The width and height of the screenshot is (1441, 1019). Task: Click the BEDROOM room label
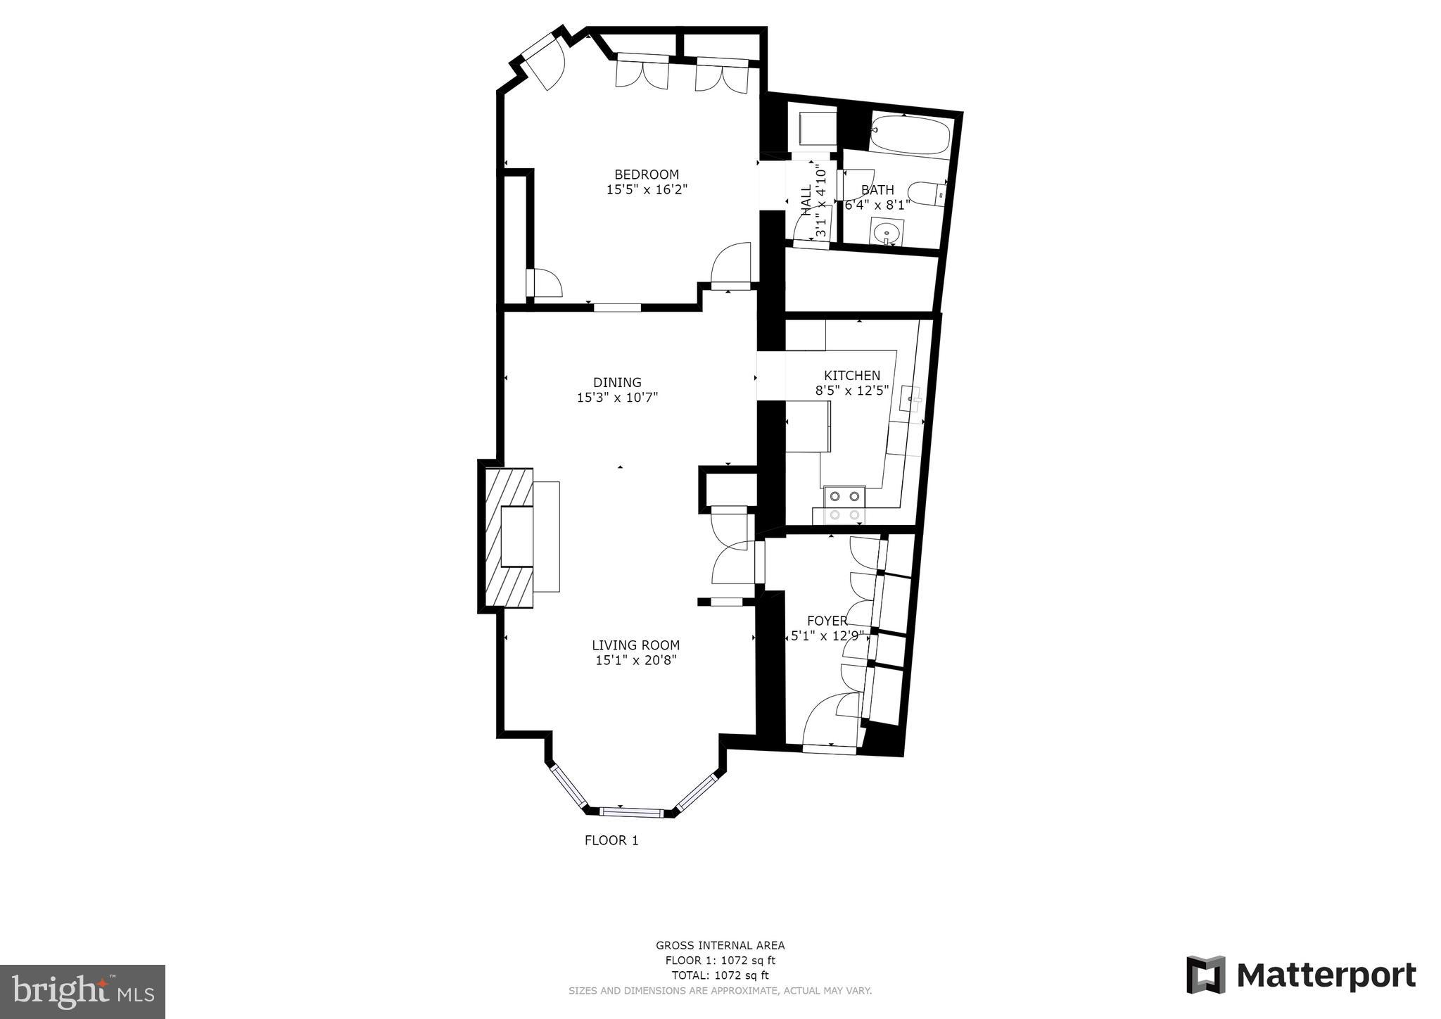tap(647, 175)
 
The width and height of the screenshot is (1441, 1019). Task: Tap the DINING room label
tap(617, 382)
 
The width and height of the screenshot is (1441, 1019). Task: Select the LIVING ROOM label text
tap(635, 645)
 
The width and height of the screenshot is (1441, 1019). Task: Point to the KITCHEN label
tap(852, 375)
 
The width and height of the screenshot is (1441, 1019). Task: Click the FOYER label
tap(827, 621)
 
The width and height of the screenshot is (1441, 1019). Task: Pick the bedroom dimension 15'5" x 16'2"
tap(647, 189)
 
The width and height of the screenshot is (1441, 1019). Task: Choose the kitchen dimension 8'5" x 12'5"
tap(852, 390)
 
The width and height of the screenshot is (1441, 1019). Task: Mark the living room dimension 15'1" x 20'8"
tap(635, 660)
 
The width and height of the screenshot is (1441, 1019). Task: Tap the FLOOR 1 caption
tap(611, 840)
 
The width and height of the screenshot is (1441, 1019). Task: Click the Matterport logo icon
tap(1206, 975)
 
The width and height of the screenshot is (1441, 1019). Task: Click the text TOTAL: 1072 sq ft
tap(720, 975)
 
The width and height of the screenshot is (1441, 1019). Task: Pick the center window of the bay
tap(632, 812)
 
